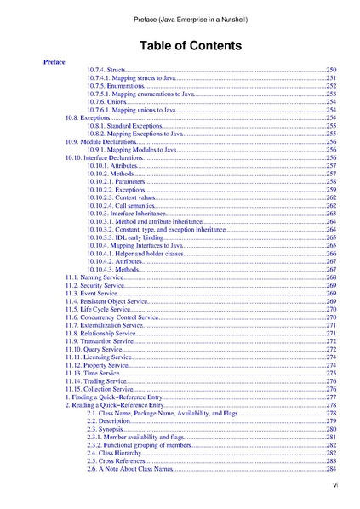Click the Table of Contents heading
(180, 44)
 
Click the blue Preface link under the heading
(54, 62)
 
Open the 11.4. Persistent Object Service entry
(106, 301)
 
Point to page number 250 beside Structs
(332, 70)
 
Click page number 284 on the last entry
(332, 469)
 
